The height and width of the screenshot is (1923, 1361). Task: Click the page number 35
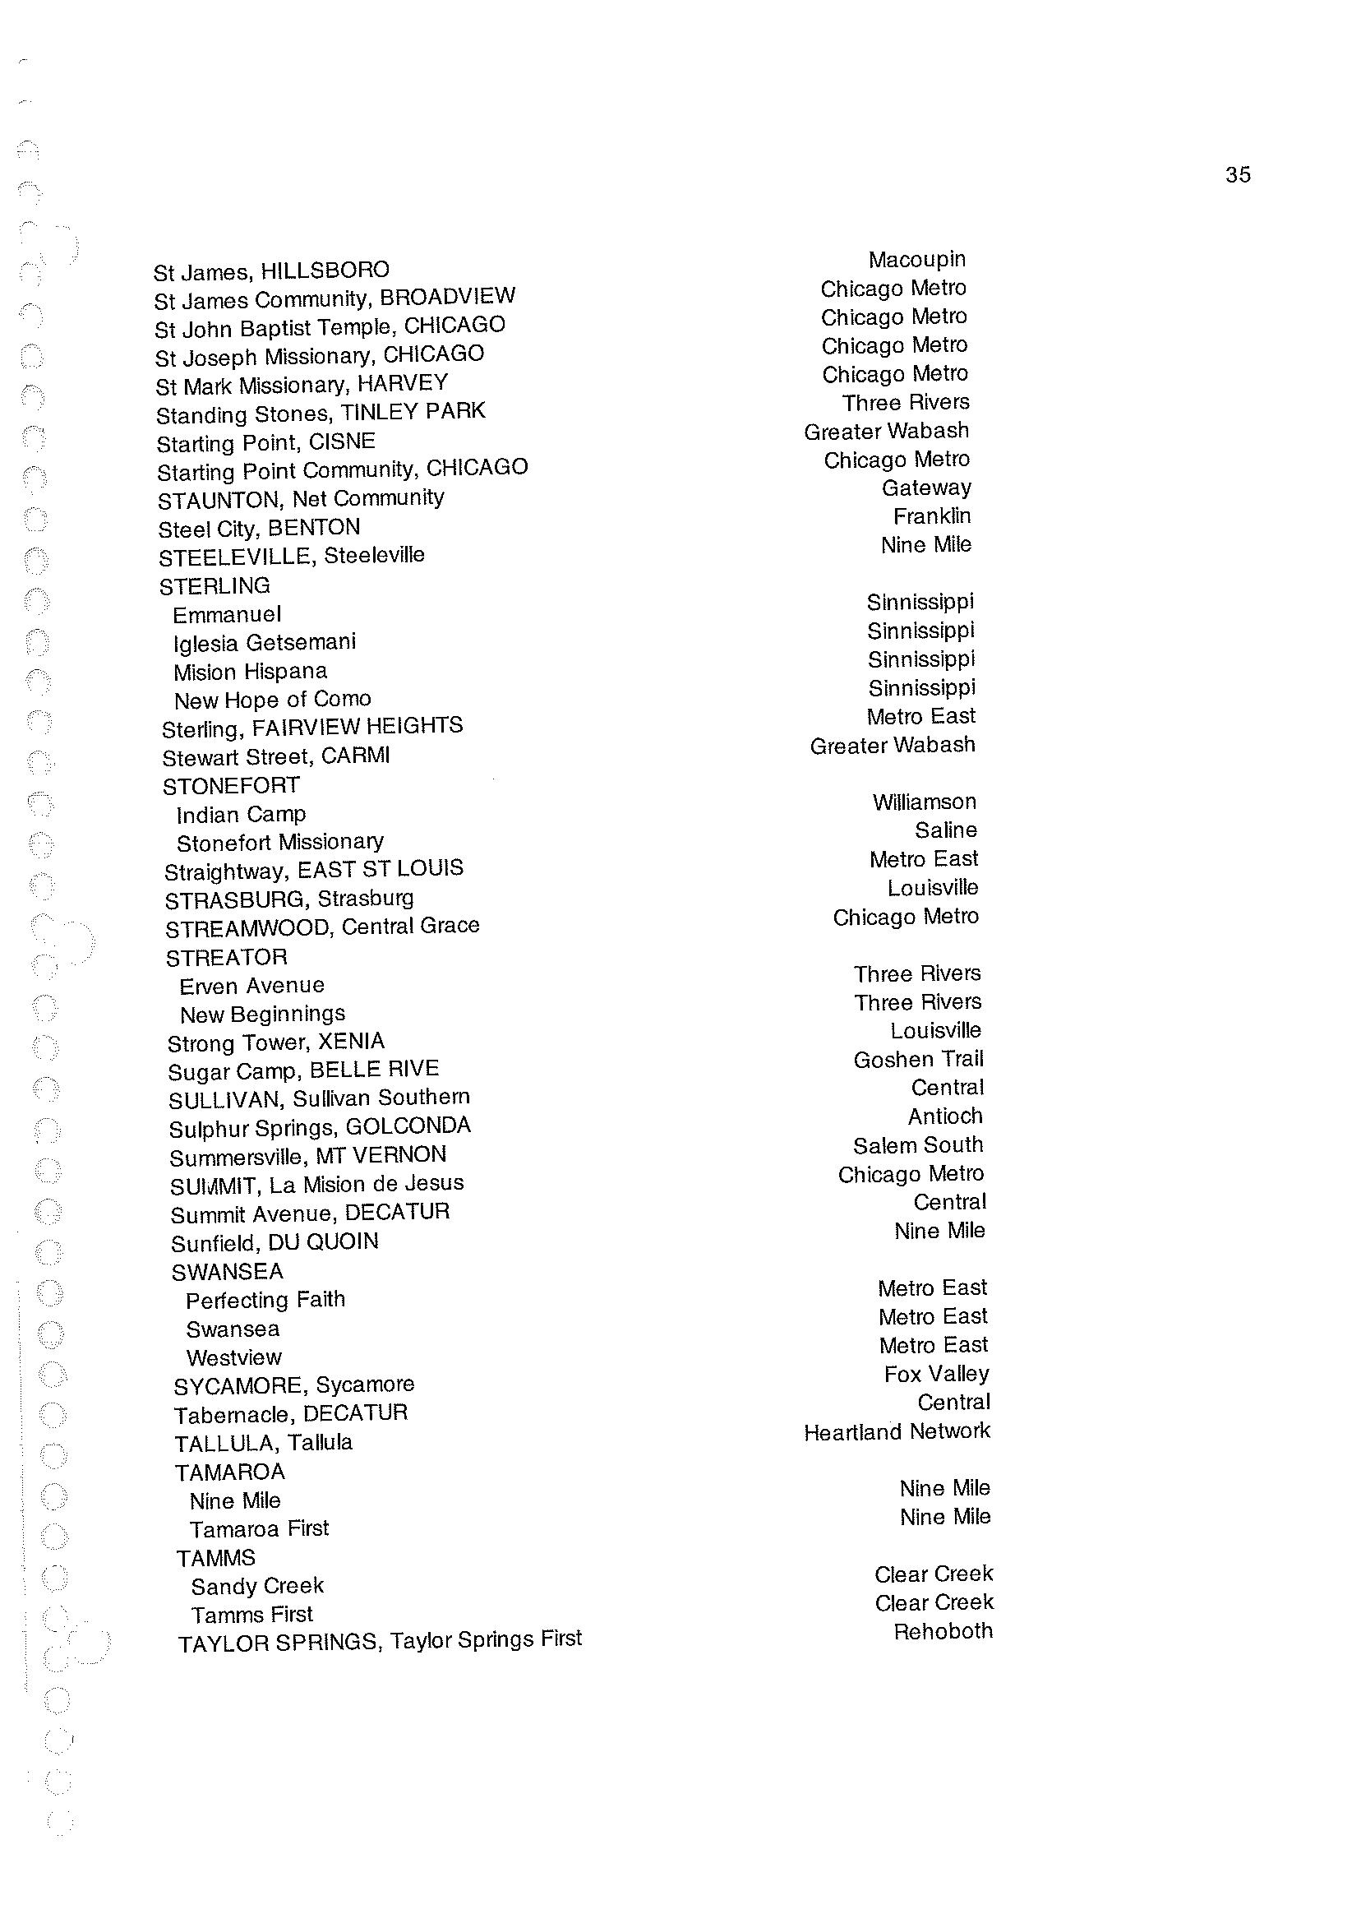pyautogui.click(x=1237, y=174)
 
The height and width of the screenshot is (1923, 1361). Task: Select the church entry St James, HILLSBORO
pyautogui.click(x=270, y=270)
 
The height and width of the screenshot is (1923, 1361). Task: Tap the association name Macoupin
pyautogui.click(x=917, y=259)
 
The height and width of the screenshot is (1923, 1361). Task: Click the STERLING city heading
pyautogui.click(x=215, y=585)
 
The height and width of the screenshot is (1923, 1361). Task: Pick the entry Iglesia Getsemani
pyautogui.click(x=264, y=643)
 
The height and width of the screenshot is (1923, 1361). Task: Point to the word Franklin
pyautogui.click(x=932, y=516)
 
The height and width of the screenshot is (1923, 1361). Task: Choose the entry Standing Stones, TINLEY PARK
pyautogui.click(x=321, y=413)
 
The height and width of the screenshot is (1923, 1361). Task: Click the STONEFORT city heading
pyautogui.click(x=230, y=785)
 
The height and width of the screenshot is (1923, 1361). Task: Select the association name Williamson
pyautogui.click(x=924, y=802)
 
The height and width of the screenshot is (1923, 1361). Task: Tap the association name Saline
pyautogui.click(x=945, y=830)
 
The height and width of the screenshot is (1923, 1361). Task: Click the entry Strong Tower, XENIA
pyautogui.click(x=275, y=1042)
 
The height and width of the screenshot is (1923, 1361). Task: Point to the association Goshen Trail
pyautogui.click(x=918, y=1060)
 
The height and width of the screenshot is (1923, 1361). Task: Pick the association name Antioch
pyautogui.click(x=944, y=1116)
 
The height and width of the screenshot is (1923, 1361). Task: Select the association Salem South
pyautogui.click(x=918, y=1145)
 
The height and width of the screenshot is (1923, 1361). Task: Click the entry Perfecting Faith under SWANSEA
pyautogui.click(x=265, y=1300)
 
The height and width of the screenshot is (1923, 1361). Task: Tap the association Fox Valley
pyautogui.click(x=936, y=1374)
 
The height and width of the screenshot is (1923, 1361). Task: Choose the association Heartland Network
pyautogui.click(x=897, y=1432)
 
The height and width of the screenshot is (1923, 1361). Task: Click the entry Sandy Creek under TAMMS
pyautogui.click(x=256, y=1586)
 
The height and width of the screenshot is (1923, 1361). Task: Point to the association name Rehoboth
pyautogui.click(x=943, y=1631)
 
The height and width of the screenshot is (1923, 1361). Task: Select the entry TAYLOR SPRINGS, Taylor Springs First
pyautogui.click(x=380, y=1640)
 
